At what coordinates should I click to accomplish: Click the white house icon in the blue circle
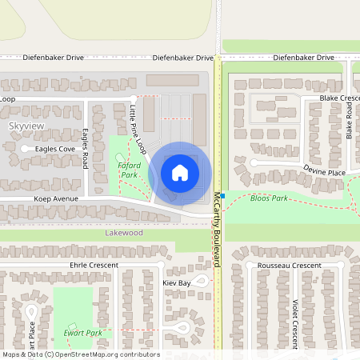pos(180,172)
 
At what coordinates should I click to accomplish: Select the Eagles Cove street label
pos(55,149)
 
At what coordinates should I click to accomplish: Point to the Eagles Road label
pos(85,148)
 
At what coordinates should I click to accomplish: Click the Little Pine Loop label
pos(138,124)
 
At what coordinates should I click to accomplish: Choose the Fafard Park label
pos(129,170)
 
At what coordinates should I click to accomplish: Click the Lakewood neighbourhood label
pos(124,233)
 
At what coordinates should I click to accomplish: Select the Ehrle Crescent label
pos(94,265)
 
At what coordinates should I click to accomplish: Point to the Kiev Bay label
pos(177,283)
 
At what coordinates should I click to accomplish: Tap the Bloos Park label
pos(268,198)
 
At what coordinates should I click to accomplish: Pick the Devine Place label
pos(324,171)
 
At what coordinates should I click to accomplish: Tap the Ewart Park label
pos(82,333)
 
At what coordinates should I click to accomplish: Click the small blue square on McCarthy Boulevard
pos(223,196)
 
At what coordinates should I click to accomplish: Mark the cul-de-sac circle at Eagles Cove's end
pos(24,149)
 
